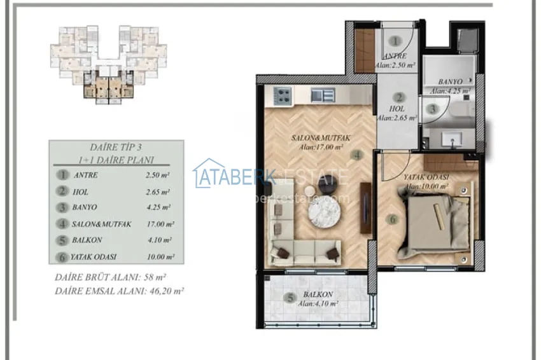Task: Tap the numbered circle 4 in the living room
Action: click(x=358, y=154)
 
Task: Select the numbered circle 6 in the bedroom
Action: click(x=393, y=219)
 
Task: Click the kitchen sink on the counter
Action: click(x=323, y=95)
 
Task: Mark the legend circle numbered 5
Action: click(x=62, y=240)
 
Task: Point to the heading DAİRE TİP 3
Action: click(x=116, y=146)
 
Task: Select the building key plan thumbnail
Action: click(x=109, y=64)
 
